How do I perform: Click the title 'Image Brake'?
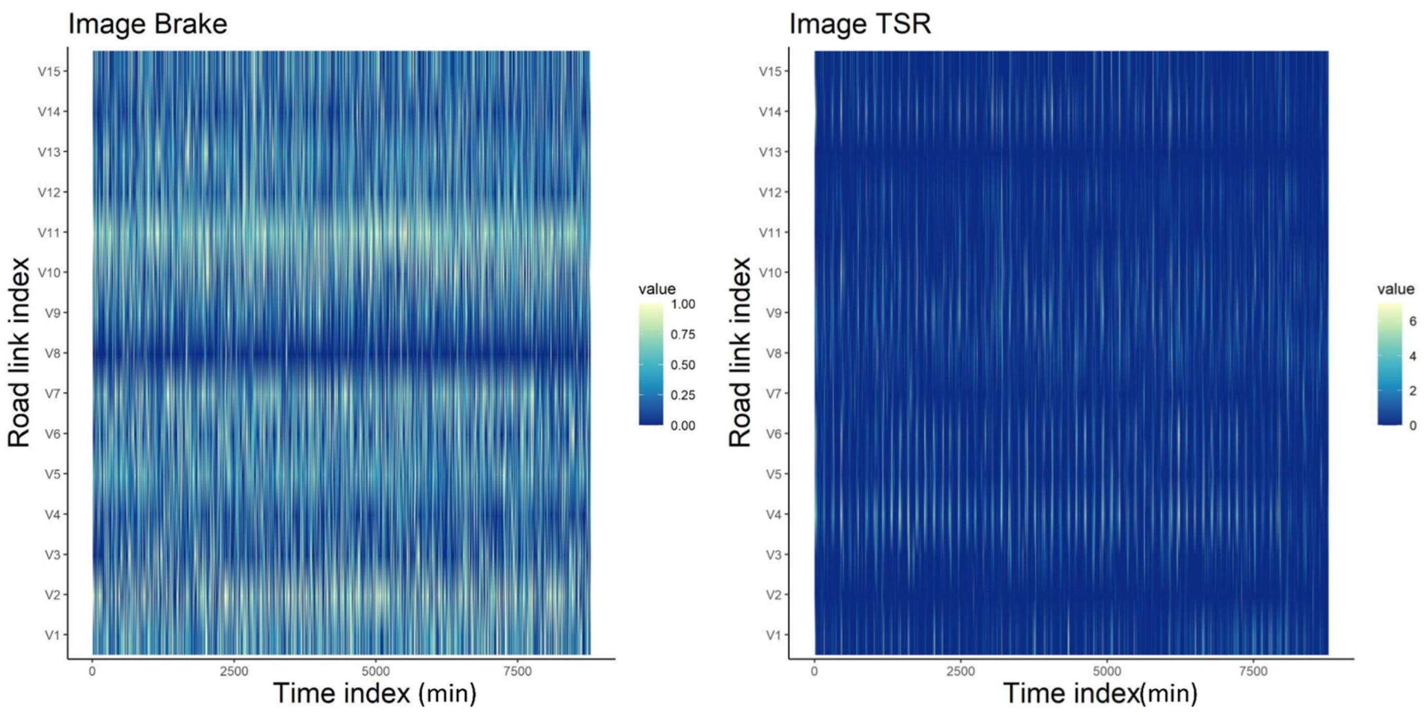coord(147,25)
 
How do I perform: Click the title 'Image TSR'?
coord(860,25)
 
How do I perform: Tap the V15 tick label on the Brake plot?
coord(49,72)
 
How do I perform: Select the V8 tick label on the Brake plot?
coord(52,353)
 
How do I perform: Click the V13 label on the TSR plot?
coord(770,151)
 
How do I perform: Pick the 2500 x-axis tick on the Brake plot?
coord(234,671)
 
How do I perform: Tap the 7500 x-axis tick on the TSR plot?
coord(1253,671)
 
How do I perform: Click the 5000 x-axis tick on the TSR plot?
coord(1107,671)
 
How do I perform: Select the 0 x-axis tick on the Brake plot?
coord(92,671)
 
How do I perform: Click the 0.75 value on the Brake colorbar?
coord(682,335)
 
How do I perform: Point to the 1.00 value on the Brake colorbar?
coord(682,304)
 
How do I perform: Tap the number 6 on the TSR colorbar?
coord(1413,321)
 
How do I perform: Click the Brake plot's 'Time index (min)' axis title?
coord(374,694)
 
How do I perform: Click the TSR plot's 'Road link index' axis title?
coord(739,352)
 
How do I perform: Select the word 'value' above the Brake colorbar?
coord(657,289)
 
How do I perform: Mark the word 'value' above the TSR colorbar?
coord(1395,289)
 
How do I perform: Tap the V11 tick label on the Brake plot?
coord(49,232)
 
